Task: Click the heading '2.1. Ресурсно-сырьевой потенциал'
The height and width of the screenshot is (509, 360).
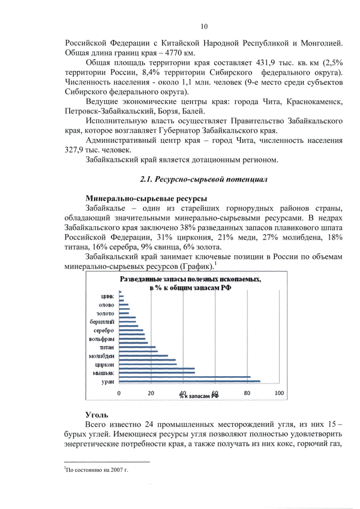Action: point(203,179)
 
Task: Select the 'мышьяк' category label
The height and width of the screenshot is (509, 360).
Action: point(104,373)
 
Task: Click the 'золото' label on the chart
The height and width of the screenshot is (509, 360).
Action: point(106,313)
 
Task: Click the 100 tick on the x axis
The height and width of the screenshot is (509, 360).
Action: point(278,393)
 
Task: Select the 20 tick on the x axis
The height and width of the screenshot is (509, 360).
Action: point(151,393)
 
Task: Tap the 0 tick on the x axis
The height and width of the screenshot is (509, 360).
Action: point(119,393)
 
